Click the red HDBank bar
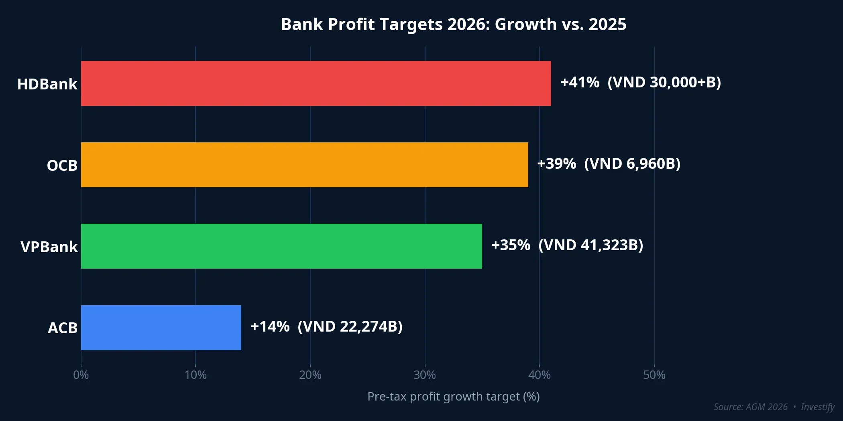coord(316,83)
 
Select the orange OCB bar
coord(304,165)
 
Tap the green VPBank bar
coord(281,246)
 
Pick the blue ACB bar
coord(161,328)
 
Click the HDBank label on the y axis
coord(47,84)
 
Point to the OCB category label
coord(62,166)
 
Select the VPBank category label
coord(49,247)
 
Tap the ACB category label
coord(62,328)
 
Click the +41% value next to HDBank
coord(580,83)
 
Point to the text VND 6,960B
coord(632,164)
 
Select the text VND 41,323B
coord(591,245)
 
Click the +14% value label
coord(270,327)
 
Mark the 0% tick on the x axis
coord(81,375)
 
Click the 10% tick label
coord(195,375)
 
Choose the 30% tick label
coord(425,375)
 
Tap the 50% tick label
coord(654,375)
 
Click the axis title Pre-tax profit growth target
coord(453,397)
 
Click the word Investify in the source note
coord(817,407)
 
